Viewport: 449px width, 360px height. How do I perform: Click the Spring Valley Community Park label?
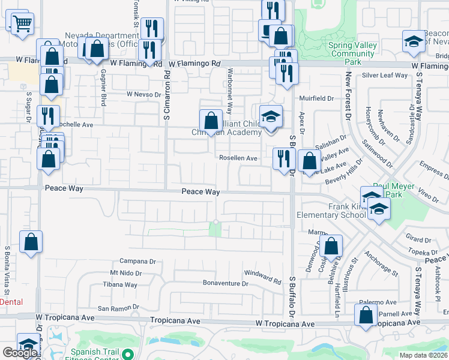353,53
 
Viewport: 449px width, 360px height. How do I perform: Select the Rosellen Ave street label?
238,158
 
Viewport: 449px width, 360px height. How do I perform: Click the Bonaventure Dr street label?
225,283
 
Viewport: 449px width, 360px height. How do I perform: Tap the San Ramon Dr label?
119,308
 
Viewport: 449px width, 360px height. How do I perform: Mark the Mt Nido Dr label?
125,273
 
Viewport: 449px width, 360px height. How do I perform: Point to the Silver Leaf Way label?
385,75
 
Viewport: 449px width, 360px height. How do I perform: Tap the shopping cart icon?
22,25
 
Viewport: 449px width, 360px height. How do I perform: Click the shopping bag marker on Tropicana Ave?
366,315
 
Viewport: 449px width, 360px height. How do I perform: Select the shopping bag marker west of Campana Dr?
31,242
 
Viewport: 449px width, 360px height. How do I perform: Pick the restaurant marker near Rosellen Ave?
282,158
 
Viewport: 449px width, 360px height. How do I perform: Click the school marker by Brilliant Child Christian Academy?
271,116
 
